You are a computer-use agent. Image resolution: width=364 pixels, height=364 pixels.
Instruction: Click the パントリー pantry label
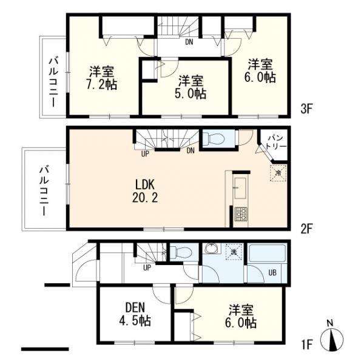tap(275, 143)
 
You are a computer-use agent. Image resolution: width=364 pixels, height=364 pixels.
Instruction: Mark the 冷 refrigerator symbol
tap(277, 172)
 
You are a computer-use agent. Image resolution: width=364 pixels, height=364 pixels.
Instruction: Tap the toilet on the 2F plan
tap(214, 139)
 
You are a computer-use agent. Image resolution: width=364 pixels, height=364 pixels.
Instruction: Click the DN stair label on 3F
tap(189, 42)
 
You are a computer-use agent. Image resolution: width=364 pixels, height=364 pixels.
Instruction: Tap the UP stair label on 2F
tap(145, 153)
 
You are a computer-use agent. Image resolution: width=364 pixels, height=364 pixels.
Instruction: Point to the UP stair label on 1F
tap(147, 267)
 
